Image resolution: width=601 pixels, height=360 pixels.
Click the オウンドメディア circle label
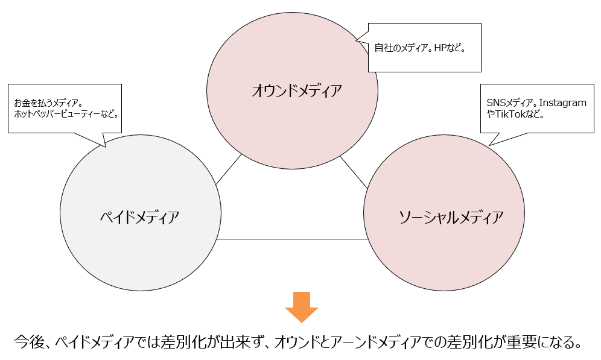296,91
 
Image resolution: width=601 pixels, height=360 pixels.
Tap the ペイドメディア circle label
139,217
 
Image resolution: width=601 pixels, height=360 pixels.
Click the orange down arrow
301,306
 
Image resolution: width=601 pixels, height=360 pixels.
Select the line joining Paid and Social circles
293,239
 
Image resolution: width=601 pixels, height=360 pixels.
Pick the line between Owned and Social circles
353,171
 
